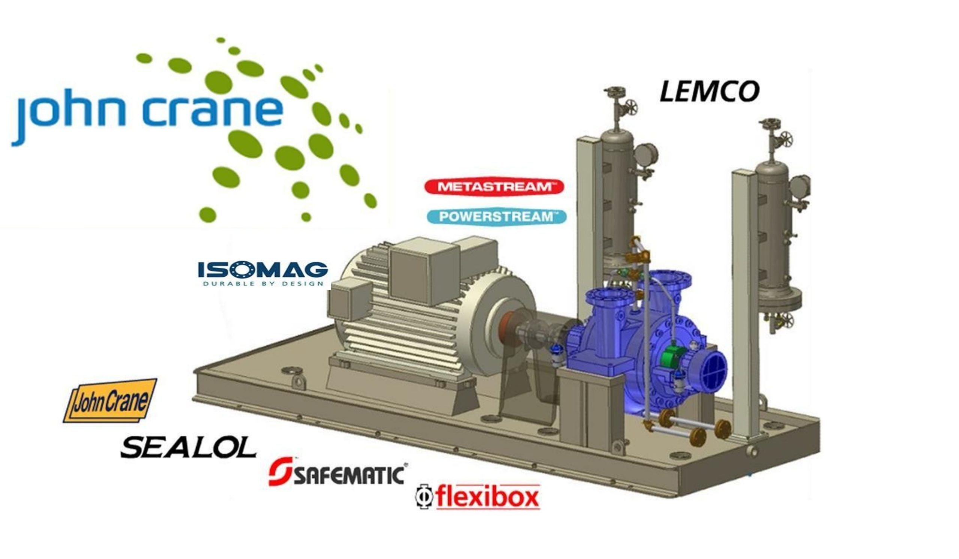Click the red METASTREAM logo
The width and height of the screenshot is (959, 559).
coord(494,187)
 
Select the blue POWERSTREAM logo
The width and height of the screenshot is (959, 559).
coord(497,217)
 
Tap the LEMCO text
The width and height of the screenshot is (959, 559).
coord(710,92)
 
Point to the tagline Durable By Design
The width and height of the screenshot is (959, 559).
coord(263,284)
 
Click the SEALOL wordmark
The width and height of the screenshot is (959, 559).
coord(188,447)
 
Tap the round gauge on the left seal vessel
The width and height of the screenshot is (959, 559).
coord(646,154)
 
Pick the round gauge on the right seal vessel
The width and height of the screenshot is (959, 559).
coord(799,186)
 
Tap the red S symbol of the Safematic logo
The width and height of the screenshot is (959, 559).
coord(281,471)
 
